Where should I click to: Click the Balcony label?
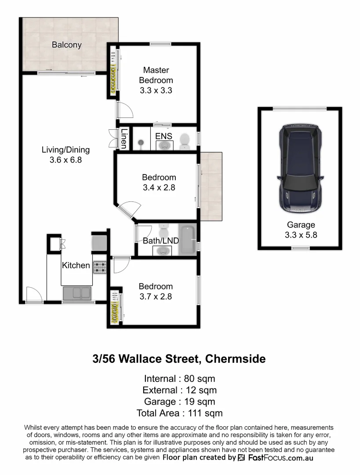(67, 45)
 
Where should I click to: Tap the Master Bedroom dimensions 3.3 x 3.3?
(156, 91)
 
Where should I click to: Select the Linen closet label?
(124, 139)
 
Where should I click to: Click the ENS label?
(164, 136)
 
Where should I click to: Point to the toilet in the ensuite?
(184, 141)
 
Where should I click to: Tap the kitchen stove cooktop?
(99, 267)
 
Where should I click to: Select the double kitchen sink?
(77, 293)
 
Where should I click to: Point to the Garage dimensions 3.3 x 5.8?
(301, 235)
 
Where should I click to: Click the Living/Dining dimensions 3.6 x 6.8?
(66, 160)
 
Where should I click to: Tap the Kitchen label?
(76, 265)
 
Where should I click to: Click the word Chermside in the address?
(235, 359)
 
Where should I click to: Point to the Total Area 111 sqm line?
(180, 413)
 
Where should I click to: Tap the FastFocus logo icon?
(241, 458)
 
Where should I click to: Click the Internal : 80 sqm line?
(180, 378)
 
